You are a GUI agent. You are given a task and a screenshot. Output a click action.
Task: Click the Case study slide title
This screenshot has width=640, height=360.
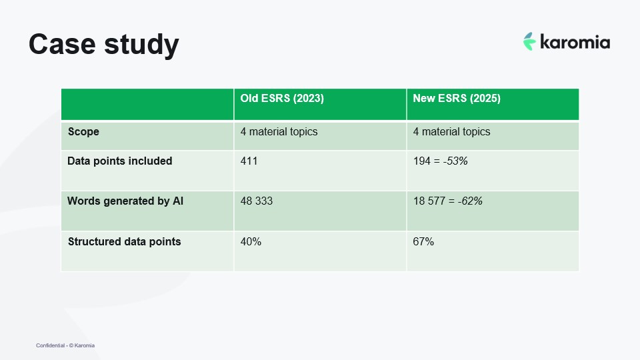point(103,44)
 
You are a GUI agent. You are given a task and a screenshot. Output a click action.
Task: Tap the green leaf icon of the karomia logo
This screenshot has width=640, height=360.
point(529,41)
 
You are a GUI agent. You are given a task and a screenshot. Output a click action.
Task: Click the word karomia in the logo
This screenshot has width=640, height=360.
point(575,43)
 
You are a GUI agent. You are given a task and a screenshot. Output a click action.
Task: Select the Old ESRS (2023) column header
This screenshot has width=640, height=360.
point(282,98)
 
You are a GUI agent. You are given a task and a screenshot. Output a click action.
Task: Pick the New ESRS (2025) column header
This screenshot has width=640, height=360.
point(457,98)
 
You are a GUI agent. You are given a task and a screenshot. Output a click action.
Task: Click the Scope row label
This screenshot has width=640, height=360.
point(83,131)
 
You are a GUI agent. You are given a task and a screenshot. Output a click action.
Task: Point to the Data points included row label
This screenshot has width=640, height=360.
point(120,161)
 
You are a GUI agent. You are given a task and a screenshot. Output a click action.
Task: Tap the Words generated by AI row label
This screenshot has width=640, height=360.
point(125,201)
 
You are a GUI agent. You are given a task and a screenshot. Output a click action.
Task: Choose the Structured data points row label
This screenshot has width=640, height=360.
point(124,241)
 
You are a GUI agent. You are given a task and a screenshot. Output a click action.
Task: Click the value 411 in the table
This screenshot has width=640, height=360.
point(249,161)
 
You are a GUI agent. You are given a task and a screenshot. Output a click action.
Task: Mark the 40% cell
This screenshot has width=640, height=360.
point(251,241)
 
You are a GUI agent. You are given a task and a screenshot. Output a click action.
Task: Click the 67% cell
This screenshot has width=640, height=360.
point(423,241)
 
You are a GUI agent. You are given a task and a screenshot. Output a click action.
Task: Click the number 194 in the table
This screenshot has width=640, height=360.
point(422,161)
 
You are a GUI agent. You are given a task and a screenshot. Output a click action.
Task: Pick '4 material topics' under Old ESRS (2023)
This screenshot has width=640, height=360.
point(279,131)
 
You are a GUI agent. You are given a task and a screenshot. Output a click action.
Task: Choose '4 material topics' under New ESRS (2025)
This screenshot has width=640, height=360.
point(451,131)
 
